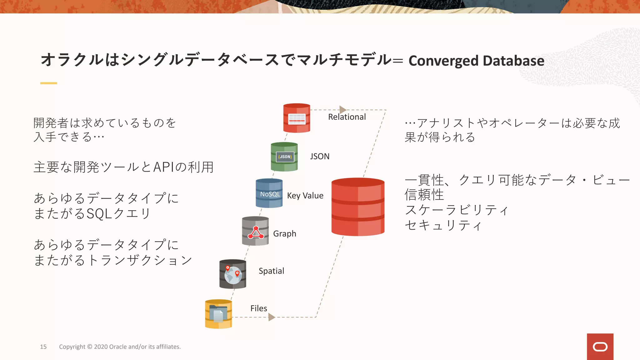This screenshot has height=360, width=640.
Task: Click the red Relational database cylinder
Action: click(297, 118)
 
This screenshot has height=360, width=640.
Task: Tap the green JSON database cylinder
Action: click(284, 157)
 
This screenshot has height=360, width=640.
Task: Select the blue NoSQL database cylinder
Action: click(269, 193)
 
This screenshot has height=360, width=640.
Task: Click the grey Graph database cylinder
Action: click(255, 231)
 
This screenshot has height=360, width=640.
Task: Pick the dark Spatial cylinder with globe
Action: click(233, 274)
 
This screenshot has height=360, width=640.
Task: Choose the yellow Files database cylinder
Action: click(218, 314)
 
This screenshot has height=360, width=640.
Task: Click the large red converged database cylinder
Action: click(358, 207)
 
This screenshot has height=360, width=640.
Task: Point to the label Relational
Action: click(347, 117)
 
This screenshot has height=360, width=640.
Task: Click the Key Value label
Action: click(305, 196)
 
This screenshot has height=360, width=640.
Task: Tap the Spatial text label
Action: click(271, 271)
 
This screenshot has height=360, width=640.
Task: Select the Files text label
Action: click(258, 308)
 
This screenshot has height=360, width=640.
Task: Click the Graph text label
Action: click(284, 234)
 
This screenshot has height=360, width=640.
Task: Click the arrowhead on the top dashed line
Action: click(343, 110)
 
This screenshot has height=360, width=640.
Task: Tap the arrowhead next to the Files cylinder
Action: click(272, 317)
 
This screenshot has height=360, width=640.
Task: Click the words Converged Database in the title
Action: click(476, 61)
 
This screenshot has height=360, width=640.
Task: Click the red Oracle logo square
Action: click(600, 347)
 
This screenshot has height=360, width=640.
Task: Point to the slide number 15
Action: click(43, 347)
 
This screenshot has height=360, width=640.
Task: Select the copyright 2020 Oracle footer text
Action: click(120, 347)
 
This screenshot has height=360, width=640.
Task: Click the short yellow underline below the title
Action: click(48, 83)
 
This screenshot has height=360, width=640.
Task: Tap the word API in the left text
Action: click(163, 167)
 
